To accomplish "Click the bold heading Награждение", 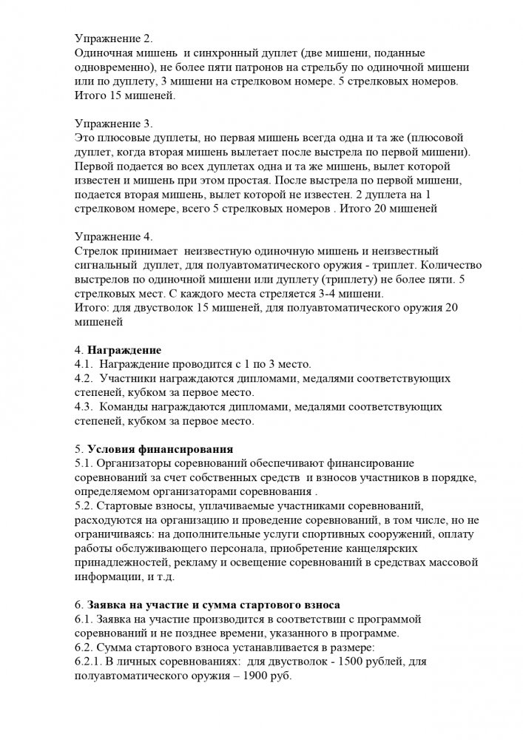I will (124, 349).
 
